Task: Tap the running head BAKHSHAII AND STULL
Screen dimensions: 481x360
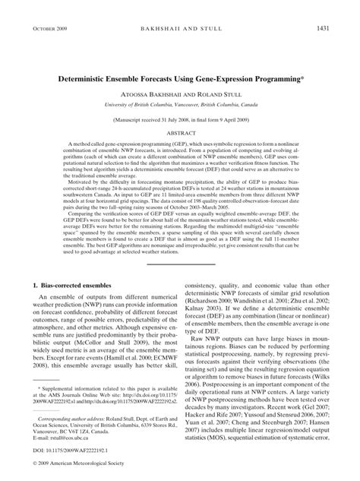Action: pyautogui.click(x=180, y=28)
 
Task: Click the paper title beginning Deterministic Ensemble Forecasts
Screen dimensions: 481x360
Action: pyautogui.click(x=178, y=78)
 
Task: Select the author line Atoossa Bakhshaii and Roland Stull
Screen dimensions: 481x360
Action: pyautogui.click(x=180, y=93)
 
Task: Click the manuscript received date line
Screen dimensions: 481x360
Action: pyautogui.click(x=180, y=120)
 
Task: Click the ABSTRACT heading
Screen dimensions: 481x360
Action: pyautogui.click(x=180, y=132)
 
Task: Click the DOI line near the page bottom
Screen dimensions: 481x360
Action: pyautogui.click(x=68, y=452)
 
